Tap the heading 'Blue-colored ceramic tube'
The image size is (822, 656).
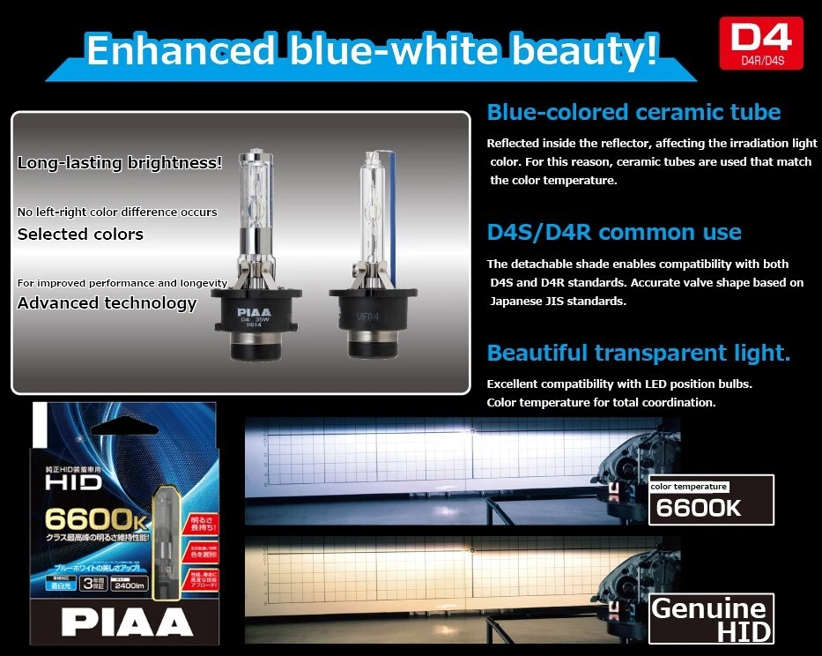pos(633,113)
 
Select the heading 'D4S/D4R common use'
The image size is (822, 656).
pos(614,233)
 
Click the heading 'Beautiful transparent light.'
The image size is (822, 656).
pos(639,354)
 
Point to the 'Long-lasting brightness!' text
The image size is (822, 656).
pos(120,163)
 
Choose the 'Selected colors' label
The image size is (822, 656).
pos(80,235)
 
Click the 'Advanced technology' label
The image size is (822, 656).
pos(107,303)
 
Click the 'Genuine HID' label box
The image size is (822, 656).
pos(710,618)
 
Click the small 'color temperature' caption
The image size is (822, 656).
pos(689,487)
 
